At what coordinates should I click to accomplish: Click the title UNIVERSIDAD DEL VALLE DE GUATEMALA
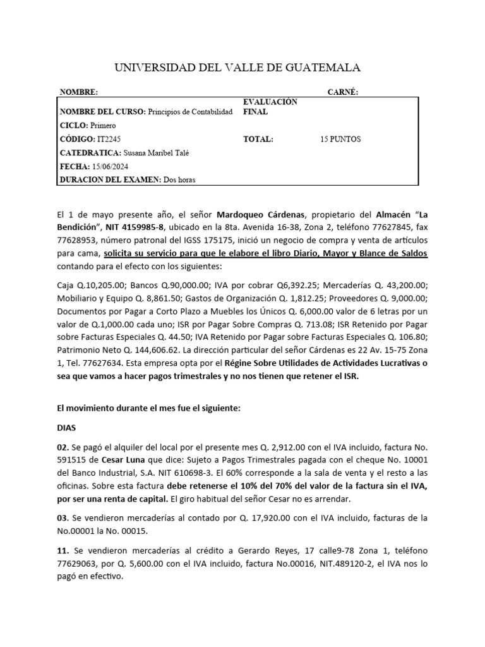click(x=237, y=68)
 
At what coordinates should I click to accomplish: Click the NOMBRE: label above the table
click(x=79, y=92)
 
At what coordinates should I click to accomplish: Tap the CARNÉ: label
click(x=342, y=92)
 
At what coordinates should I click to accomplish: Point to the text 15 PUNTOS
click(x=340, y=139)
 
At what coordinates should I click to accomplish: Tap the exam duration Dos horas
click(x=179, y=179)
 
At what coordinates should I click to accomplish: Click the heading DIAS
click(x=67, y=427)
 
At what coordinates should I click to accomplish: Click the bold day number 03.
click(x=62, y=518)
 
